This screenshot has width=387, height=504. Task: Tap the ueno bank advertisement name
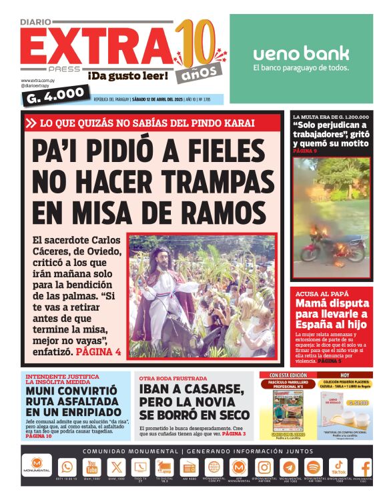[x=301, y=53]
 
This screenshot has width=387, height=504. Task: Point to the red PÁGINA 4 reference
[x=98, y=351]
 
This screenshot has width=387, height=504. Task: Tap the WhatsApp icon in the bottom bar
[x=67, y=467]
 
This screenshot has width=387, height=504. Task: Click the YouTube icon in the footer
[x=92, y=467]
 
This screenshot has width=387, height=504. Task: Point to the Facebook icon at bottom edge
[x=364, y=468]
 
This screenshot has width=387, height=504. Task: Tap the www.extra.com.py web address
[x=37, y=81]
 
